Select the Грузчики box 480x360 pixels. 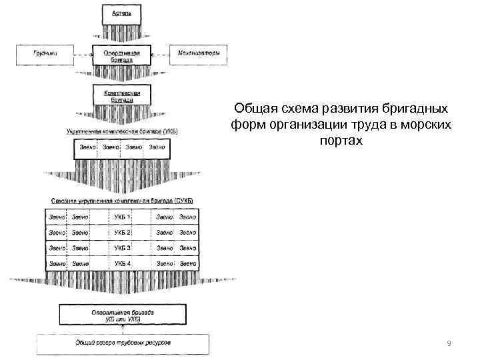[45, 55]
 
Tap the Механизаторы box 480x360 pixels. [199, 55]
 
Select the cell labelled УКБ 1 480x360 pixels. [123, 217]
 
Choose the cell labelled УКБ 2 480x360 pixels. [123, 233]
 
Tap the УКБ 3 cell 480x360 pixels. [123, 248]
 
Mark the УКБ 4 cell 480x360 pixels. [123, 264]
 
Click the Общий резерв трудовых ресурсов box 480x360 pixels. [121, 343]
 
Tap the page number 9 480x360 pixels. [449, 343]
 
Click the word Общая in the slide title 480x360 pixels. [253, 109]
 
